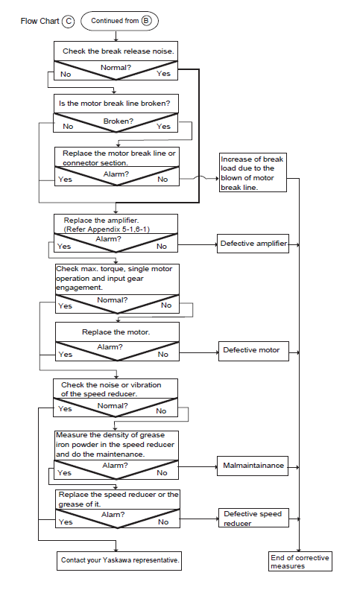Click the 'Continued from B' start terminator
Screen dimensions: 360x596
click(119, 21)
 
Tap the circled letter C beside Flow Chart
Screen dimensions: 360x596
click(69, 22)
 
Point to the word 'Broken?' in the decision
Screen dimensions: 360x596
click(119, 121)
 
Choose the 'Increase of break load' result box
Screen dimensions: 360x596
click(253, 173)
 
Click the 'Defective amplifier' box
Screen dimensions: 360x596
click(253, 244)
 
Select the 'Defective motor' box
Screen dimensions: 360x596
click(253, 351)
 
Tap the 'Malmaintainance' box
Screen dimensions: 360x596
click(253, 466)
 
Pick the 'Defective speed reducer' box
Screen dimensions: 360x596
click(253, 518)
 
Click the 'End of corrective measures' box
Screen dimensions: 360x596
click(300, 562)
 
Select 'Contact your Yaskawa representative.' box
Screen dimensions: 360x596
click(119, 561)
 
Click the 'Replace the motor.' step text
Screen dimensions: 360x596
click(116, 332)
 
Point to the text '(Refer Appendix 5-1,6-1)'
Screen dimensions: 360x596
click(107, 229)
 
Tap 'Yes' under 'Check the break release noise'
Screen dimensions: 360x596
click(163, 74)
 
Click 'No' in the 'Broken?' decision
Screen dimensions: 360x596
click(68, 126)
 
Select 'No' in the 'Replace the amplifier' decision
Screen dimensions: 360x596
click(162, 247)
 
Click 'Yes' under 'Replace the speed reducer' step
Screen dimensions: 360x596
click(66, 522)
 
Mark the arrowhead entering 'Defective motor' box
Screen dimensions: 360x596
click(217, 352)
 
